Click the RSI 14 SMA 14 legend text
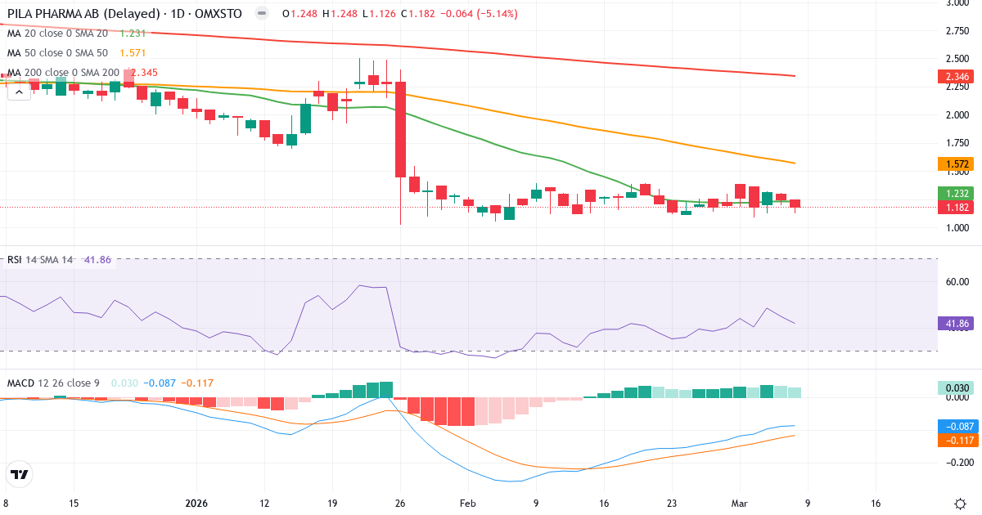[40, 260]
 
